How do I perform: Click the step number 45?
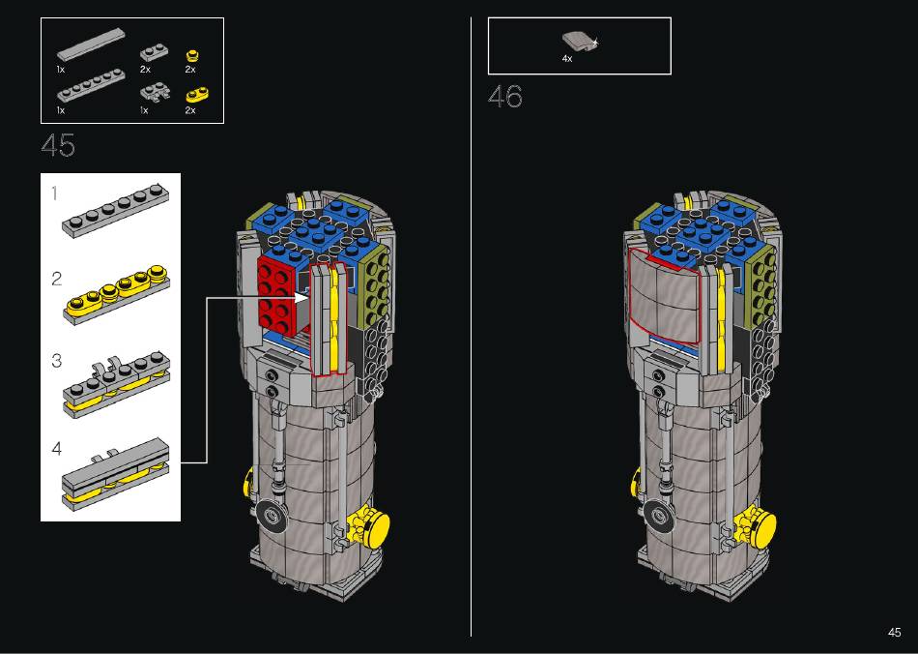click(x=59, y=145)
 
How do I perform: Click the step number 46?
click(x=505, y=96)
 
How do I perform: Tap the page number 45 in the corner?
click(x=894, y=633)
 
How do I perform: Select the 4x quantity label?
click(x=566, y=59)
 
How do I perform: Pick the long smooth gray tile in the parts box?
click(x=91, y=44)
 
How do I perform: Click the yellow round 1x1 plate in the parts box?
click(x=191, y=56)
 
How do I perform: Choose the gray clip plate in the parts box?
click(x=156, y=93)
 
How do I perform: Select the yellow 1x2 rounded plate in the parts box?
click(x=198, y=95)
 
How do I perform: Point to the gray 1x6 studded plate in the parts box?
click(x=91, y=85)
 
